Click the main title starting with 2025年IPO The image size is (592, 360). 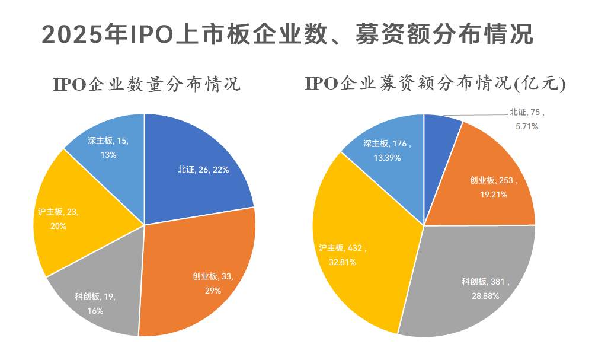click(x=287, y=34)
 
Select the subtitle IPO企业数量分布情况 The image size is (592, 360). click(x=147, y=84)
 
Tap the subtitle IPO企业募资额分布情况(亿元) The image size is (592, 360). click(x=436, y=84)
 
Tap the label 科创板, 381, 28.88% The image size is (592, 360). click(x=485, y=288)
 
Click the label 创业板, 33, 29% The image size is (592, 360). click(x=213, y=283)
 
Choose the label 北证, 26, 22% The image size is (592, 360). click(x=203, y=169)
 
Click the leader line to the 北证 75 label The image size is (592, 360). click(x=474, y=114)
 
